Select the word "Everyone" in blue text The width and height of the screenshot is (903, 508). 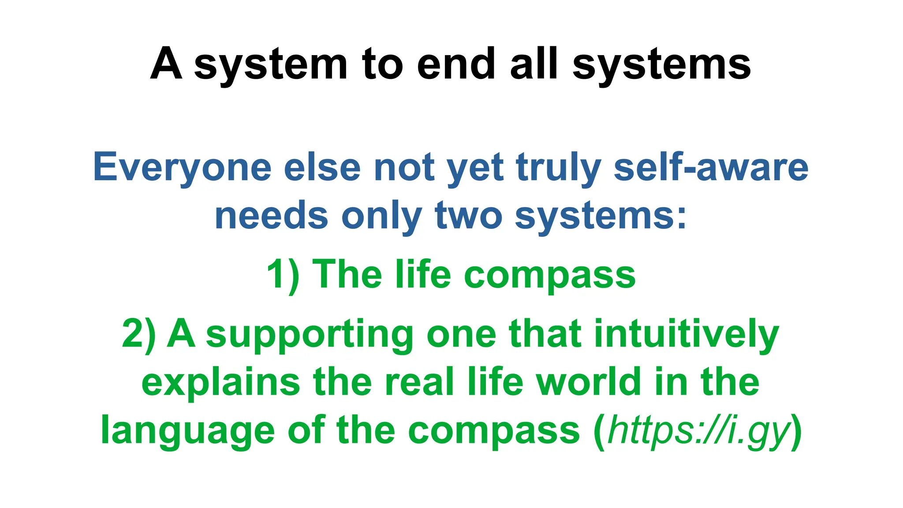click(182, 168)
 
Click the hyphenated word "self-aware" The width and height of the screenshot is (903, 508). click(711, 168)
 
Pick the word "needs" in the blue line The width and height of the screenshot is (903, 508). click(271, 216)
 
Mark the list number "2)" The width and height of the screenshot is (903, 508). click(139, 334)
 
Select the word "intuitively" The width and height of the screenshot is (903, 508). click(687, 334)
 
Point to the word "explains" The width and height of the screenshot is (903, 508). click(220, 383)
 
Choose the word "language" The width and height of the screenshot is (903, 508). click(188, 431)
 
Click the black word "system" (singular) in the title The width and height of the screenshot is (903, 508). click(271, 65)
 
